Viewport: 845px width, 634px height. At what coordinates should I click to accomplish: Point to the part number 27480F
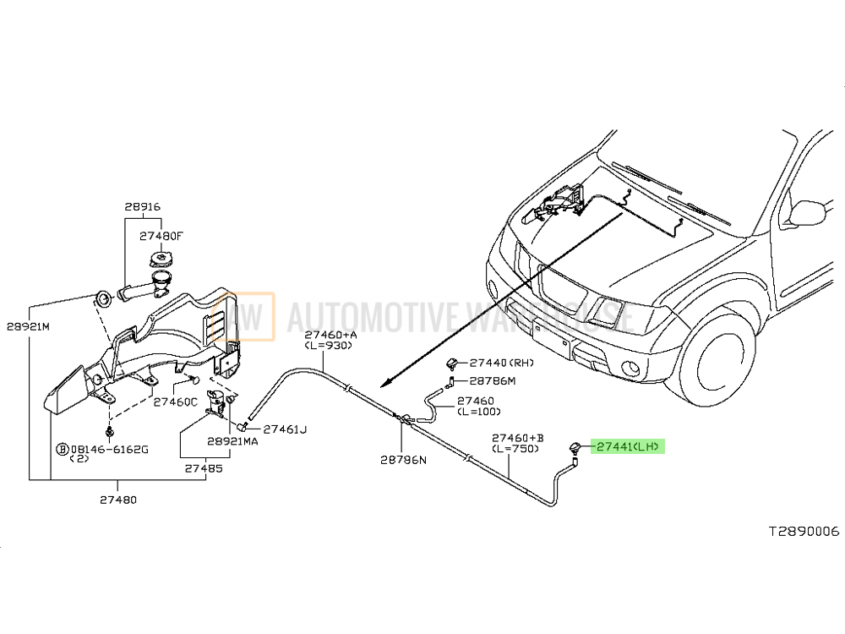coord(161,238)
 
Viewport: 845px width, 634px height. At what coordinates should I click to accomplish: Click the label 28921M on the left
coord(29,325)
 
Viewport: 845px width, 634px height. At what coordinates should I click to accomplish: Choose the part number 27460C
coord(175,402)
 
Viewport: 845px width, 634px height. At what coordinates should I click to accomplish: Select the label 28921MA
coord(233,441)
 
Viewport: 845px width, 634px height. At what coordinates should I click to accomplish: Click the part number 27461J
coord(284,429)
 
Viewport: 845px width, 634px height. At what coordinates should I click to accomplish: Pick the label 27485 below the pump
coord(203,467)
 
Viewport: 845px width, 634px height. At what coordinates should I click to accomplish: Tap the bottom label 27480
coord(118,500)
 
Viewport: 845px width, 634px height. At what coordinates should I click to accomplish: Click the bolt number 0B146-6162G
coord(107,448)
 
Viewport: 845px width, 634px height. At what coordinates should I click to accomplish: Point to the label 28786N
coord(403,460)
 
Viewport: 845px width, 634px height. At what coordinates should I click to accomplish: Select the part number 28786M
coord(492,380)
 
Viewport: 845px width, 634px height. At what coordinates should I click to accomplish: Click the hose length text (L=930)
coord(330,347)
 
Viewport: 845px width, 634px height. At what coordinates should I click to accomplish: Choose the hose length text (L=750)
coord(515,448)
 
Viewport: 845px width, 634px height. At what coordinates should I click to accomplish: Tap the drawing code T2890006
coord(803,532)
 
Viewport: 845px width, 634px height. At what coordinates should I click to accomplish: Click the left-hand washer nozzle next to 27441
coord(575,449)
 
